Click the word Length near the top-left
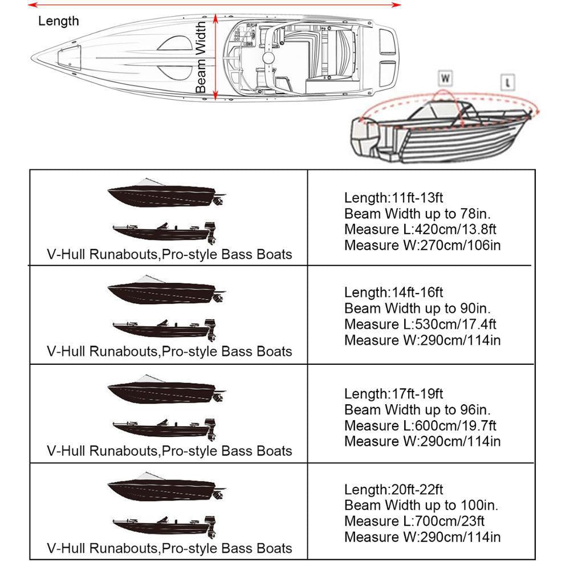coord(58,22)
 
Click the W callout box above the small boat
coord(445,77)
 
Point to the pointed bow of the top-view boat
coord(35,57)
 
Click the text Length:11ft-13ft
coord(393,198)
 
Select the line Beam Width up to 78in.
coord(417,214)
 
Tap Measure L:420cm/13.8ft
coord(420,230)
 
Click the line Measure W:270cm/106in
coord(422,246)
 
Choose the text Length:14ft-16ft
coord(393,292)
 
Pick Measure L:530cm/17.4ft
coord(420,324)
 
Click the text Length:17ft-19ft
coord(393,393)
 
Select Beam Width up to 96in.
coord(417,409)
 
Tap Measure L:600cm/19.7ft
coord(420,425)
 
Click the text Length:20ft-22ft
coord(393,489)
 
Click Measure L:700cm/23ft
coord(414,521)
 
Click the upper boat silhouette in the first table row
coord(165,194)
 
